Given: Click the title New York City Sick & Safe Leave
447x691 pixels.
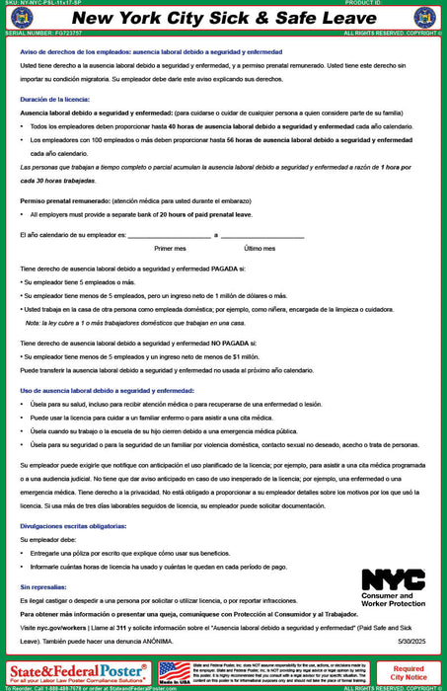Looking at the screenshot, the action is (223, 19).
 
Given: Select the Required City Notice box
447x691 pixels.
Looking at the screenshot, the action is (409, 673).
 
